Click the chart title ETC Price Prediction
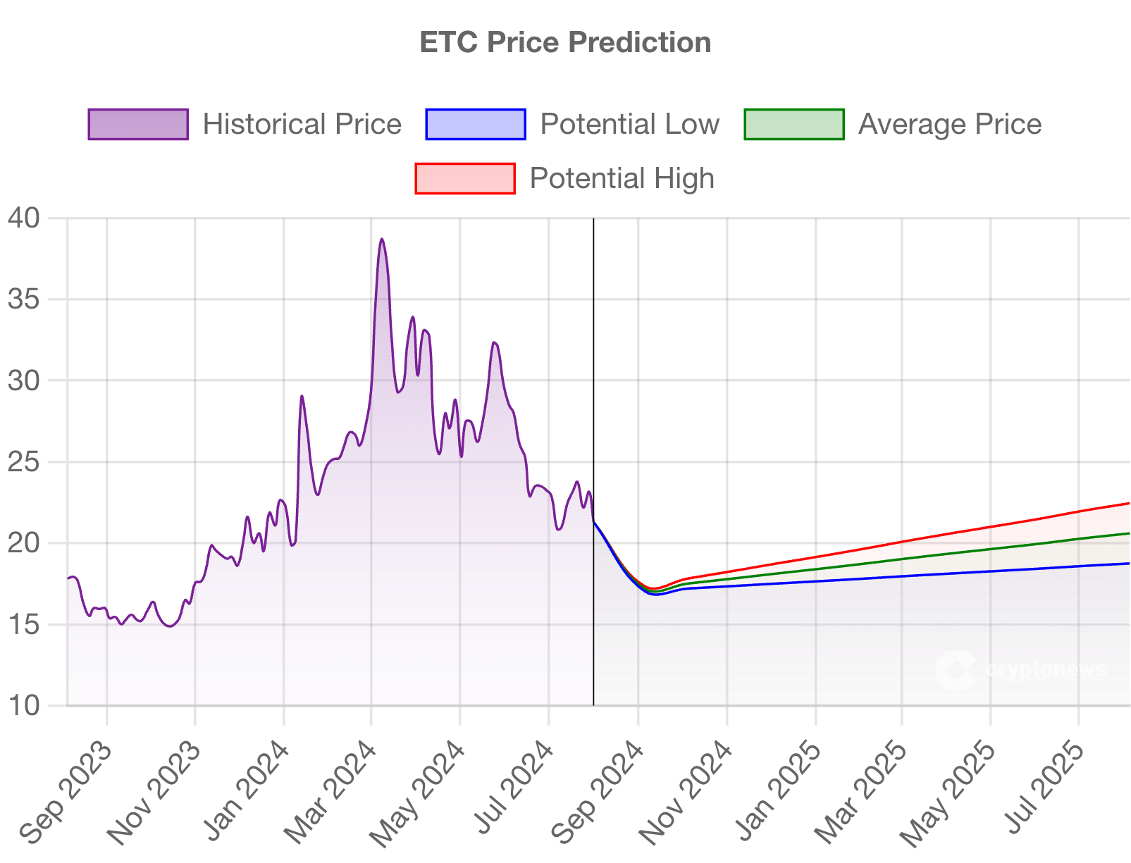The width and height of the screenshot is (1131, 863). tap(565, 42)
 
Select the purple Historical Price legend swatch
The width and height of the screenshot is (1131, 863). tap(138, 124)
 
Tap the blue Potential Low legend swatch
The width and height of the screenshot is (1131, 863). tap(476, 124)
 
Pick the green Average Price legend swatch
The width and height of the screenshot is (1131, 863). tap(794, 124)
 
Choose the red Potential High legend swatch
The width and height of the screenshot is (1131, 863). tap(465, 178)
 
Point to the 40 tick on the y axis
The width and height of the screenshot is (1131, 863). tap(24, 218)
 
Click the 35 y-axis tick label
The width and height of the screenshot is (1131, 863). tap(24, 299)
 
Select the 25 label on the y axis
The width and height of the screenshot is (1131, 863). tap(24, 462)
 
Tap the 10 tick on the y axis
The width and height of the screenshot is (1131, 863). tap(24, 705)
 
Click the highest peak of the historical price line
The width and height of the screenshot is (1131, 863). tap(382, 240)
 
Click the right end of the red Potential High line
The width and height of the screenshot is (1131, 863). tap(1129, 503)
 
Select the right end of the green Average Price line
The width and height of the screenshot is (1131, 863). tap(1129, 533)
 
